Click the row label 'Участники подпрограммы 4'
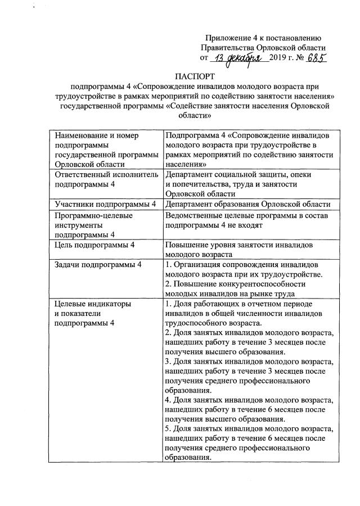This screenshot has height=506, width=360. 104,204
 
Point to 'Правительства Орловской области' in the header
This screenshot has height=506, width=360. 263,48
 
